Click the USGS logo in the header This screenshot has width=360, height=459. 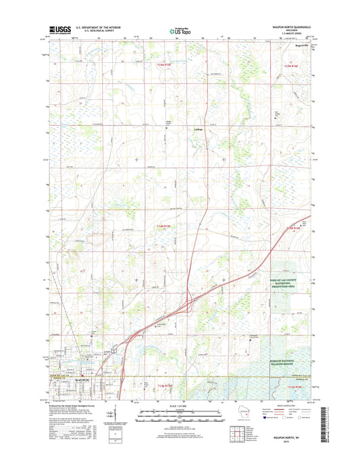point(59,30)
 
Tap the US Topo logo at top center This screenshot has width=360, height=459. point(180,30)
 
